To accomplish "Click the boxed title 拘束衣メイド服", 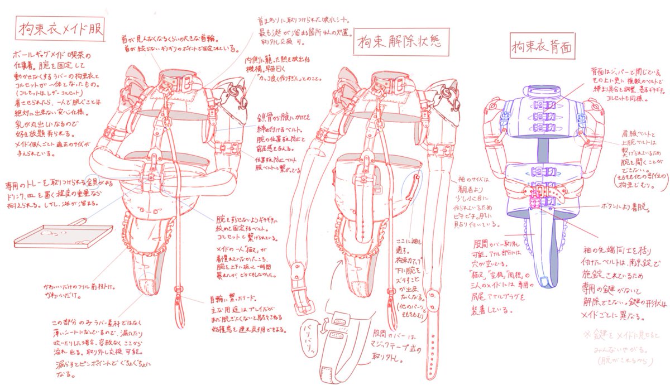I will click(61, 28).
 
